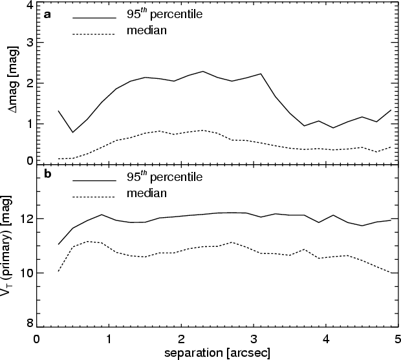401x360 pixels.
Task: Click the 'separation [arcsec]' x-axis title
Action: click(217, 353)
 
